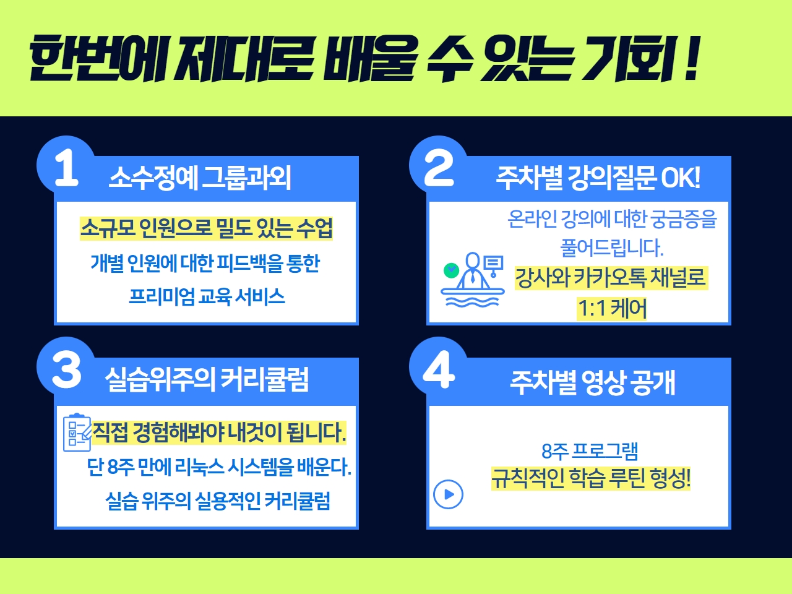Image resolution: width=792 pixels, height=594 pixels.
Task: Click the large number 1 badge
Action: (x=66, y=168)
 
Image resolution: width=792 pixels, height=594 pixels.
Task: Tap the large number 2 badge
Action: (x=439, y=168)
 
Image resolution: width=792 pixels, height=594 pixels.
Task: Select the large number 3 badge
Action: (x=66, y=369)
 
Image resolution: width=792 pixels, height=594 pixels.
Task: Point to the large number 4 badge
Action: (x=439, y=369)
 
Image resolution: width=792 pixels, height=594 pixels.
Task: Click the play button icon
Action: (x=448, y=494)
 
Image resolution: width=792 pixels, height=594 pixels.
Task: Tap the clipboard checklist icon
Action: (x=77, y=433)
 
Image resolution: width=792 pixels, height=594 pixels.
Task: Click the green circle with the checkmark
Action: (x=451, y=270)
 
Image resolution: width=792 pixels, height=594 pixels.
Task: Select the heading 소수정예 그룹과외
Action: (x=200, y=178)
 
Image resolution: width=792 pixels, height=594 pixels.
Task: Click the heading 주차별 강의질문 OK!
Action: (x=598, y=178)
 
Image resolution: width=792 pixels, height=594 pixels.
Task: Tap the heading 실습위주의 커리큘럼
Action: (x=207, y=379)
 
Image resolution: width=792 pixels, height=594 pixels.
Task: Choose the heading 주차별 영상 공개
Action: (x=593, y=382)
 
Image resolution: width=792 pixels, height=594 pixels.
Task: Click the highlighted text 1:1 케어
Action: (x=612, y=309)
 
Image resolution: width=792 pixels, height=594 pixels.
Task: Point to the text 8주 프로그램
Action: (x=590, y=451)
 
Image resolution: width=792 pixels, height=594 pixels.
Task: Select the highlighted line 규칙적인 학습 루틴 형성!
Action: (x=591, y=478)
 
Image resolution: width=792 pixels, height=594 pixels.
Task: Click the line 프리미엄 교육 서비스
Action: (x=207, y=297)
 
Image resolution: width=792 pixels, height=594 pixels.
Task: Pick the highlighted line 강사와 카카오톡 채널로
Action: (x=611, y=278)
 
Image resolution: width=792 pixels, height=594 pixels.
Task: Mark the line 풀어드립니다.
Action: (x=612, y=247)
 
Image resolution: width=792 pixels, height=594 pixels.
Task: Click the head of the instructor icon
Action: (x=472, y=260)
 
